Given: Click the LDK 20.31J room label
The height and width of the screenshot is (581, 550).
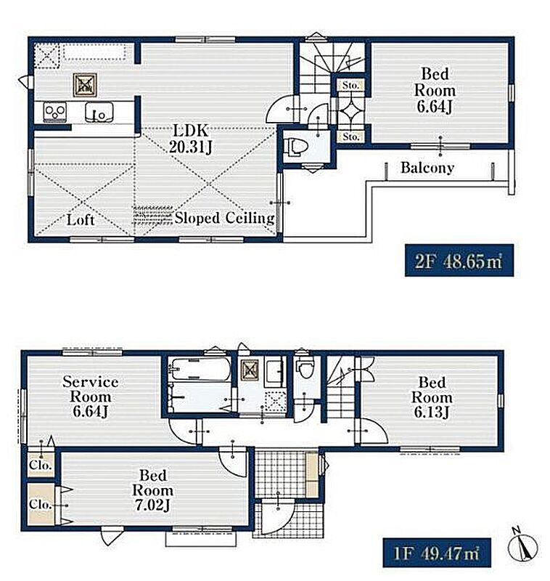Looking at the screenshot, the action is tap(191, 139).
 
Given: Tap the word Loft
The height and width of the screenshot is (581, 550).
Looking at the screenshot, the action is tap(81, 220).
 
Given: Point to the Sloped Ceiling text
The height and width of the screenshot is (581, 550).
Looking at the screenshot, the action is tap(225, 218).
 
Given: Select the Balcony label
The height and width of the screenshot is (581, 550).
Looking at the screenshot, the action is tap(427, 168).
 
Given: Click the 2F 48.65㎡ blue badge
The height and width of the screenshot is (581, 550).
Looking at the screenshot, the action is tap(459, 260).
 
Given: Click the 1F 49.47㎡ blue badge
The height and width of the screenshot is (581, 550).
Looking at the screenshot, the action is tap(437, 553).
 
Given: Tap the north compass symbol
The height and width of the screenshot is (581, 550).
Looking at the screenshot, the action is tap(522, 544).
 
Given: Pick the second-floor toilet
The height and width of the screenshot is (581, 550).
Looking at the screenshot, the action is tap(293, 146).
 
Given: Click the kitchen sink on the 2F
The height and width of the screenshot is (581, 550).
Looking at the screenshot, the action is tap(99, 112).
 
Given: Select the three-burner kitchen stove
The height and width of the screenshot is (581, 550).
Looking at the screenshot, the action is tap(55, 111).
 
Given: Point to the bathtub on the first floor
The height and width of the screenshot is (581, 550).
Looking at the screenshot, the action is tap(200, 369).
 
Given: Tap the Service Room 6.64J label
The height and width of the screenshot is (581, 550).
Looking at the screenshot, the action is tap(90, 397).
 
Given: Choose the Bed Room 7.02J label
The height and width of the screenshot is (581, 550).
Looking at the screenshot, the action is tap(152, 490).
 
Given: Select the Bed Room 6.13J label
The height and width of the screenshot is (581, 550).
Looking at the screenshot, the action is tap(432, 397).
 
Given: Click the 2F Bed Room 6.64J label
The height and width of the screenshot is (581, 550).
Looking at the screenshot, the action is tap(435, 90).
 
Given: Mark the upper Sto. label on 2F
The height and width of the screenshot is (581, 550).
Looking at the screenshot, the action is tap(350, 85).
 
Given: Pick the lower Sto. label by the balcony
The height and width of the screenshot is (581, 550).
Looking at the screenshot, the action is tap(350, 137).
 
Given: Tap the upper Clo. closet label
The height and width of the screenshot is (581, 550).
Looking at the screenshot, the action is tap(41, 465).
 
